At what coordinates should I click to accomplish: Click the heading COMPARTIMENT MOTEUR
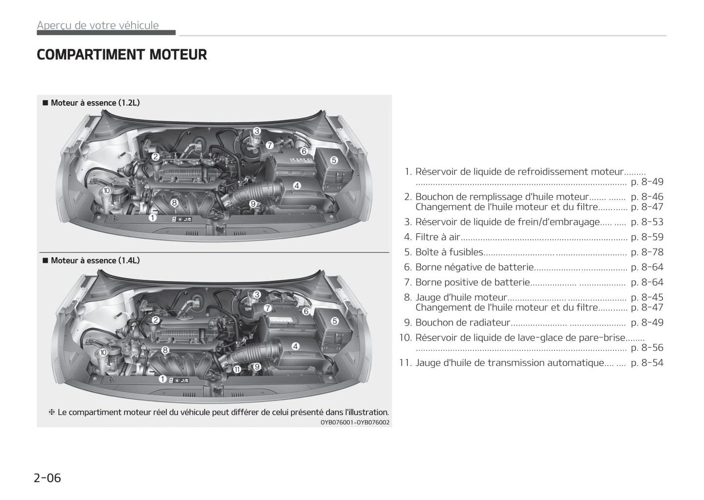point(122,55)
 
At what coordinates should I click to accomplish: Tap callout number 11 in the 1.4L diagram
point(237,369)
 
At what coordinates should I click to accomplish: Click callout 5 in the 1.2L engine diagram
point(334,160)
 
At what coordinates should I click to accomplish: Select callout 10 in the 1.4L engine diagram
point(103,353)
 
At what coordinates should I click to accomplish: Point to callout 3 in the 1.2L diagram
point(257,131)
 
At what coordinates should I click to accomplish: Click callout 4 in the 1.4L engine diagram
point(295,346)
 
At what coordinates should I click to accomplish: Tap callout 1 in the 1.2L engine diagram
point(152,218)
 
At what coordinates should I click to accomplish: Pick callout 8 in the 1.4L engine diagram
point(165,350)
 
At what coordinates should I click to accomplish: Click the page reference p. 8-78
point(647,252)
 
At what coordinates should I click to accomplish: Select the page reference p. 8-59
point(647,237)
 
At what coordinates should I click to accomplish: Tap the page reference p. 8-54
point(647,363)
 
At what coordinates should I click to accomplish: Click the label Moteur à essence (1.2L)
point(95,103)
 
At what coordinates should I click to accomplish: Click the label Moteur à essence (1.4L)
point(95,261)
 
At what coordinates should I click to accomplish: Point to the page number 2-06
point(47,478)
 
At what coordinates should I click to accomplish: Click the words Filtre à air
point(438,237)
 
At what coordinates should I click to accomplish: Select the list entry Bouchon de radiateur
point(462,323)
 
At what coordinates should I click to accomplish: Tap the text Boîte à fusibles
point(449,252)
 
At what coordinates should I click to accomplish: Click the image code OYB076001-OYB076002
point(355,423)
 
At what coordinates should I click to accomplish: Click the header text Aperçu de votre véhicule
point(98,25)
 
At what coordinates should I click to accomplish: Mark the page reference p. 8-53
point(647,222)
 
